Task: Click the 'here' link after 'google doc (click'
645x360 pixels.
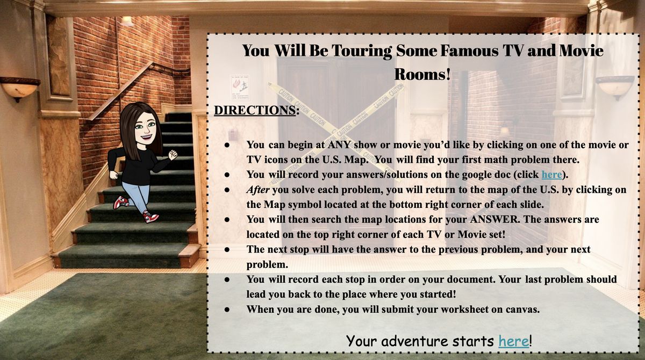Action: [x=551, y=175]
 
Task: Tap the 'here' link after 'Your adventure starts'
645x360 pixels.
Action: [x=514, y=341]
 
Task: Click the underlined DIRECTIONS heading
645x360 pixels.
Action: [x=255, y=110]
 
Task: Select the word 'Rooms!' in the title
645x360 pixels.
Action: [x=422, y=74]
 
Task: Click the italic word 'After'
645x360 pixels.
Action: [x=257, y=190]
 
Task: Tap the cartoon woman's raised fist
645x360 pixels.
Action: [x=173, y=155]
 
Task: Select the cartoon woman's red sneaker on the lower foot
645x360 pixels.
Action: [x=151, y=217]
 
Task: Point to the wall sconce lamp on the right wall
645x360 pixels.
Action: [x=615, y=87]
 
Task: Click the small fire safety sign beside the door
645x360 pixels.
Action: [x=240, y=88]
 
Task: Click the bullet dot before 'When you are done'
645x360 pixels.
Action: [x=227, y=310]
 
